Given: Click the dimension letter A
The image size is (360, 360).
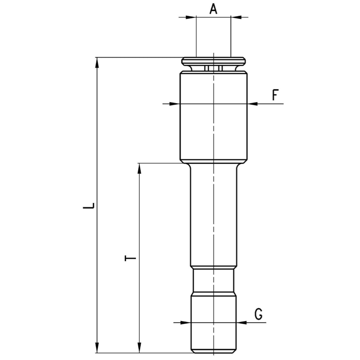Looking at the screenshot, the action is tap(213, 10).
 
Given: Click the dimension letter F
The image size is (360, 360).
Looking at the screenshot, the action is tap(276, 95).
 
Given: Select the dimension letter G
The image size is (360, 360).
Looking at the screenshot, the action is tap(259, 314).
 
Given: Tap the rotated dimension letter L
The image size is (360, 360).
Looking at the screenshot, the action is tap(89, 205).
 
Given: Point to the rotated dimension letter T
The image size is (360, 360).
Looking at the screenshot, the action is tap(130, 258).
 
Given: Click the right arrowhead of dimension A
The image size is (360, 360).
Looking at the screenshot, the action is tap(236, 17).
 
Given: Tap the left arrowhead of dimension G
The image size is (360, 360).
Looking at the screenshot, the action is tap(185, 323).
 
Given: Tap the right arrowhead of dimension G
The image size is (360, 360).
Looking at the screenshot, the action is tap(241, 323).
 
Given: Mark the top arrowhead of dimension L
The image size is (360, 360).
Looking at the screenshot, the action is tap(97, 63).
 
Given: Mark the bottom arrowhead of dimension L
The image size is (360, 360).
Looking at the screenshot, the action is tap(97, 348).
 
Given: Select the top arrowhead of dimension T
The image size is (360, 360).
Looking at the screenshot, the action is tap(139, 169).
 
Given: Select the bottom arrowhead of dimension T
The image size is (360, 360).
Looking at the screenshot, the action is tap(139, 348).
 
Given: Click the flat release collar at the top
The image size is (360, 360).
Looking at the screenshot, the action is tap(214, 61).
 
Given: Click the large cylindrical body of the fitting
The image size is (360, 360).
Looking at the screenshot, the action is tap(214, 117).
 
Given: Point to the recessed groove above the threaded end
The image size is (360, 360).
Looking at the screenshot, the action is tap(214, 281).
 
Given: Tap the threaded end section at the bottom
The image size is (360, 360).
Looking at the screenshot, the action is tap(214, 324).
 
